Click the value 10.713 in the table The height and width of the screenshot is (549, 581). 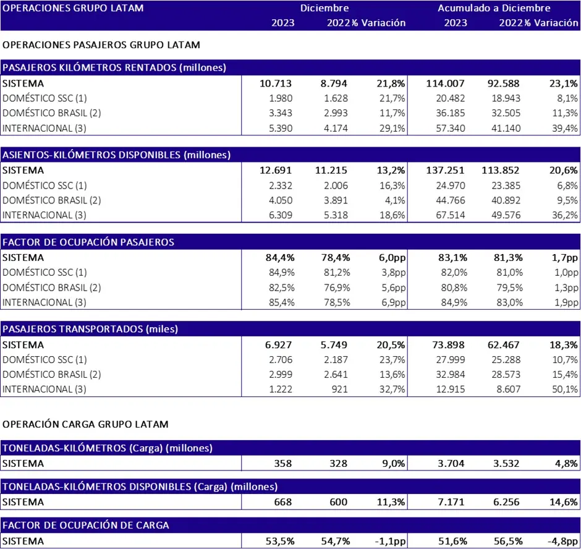tap(275, 83)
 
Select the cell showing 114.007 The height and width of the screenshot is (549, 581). tap(445, 83)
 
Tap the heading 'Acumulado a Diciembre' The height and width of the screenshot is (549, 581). tap(494, 8)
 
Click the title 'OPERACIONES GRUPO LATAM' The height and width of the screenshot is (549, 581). tap(73, 8)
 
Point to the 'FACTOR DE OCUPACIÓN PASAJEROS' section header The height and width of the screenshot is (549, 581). tap(88, 242)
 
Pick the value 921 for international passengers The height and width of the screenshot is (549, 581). tap(339, 389)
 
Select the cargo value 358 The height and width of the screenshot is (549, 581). tap(282, 463)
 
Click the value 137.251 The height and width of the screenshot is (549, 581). tap(445, 171)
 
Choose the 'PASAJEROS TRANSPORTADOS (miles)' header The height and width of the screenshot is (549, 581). tap(90, 329)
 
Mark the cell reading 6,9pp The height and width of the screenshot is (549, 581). tap(394, 302)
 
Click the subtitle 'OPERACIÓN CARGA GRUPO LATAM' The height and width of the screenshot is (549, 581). tap(85, 424)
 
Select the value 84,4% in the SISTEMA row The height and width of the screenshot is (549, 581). tap(280, 258)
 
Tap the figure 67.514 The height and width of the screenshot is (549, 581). tap(450, 215)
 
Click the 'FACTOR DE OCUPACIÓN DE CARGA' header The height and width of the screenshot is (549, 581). tap(85, 526)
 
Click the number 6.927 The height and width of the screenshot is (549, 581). tap(278, 345)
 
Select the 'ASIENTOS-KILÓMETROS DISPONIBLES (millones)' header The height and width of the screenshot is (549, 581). tap(116, 155)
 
